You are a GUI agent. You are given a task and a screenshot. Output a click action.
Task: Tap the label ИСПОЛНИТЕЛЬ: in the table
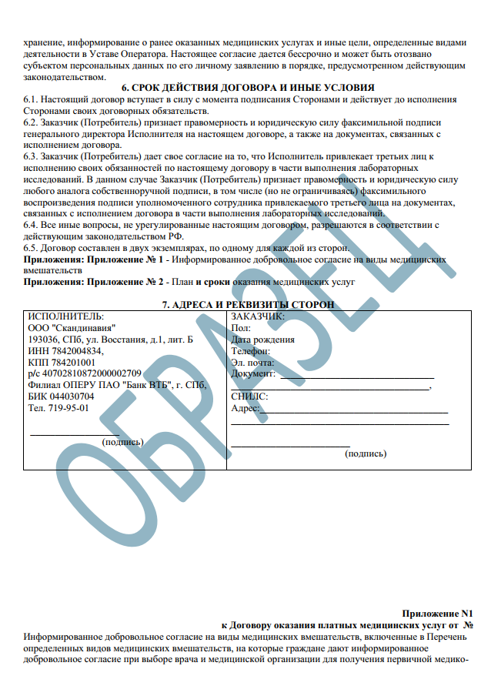click(x=65, y=316)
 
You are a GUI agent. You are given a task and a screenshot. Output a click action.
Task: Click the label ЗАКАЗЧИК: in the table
click(x=259, y=316)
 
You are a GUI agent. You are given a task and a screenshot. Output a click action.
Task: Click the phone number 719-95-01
click(x=68, y=408)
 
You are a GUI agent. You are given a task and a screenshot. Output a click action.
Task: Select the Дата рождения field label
click(x=262, y=340)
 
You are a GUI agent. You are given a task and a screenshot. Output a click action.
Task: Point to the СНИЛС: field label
click(x=249, y=397)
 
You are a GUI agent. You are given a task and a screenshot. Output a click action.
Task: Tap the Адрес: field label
click(x=245, y=408)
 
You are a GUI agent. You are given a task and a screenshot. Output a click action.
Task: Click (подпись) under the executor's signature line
click(x=122, y=442)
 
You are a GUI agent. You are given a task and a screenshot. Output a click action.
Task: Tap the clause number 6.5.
click(x=31, y=249)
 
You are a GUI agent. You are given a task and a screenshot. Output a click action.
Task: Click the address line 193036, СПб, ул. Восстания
click(x=110, y=340)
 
